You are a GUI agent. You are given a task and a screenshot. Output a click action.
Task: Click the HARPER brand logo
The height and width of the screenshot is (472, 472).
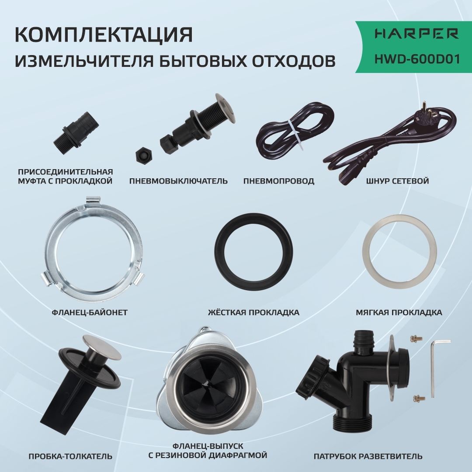pos(410,34)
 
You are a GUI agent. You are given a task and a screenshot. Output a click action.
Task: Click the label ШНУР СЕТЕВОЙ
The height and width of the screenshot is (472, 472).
pos(398,180)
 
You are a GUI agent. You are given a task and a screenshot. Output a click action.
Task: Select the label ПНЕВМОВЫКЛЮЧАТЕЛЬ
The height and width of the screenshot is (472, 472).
pos(178,180)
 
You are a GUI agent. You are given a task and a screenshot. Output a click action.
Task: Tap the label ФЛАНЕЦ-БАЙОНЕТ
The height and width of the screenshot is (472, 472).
pos(90,312)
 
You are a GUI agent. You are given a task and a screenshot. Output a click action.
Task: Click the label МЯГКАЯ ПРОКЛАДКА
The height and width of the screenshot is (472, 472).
pos(399,312)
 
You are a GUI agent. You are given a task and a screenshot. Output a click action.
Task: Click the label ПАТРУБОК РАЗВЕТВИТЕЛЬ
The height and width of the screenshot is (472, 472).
pos(368,456)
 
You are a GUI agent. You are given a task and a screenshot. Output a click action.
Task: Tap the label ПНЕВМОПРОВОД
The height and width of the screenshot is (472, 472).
pos(279,180)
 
